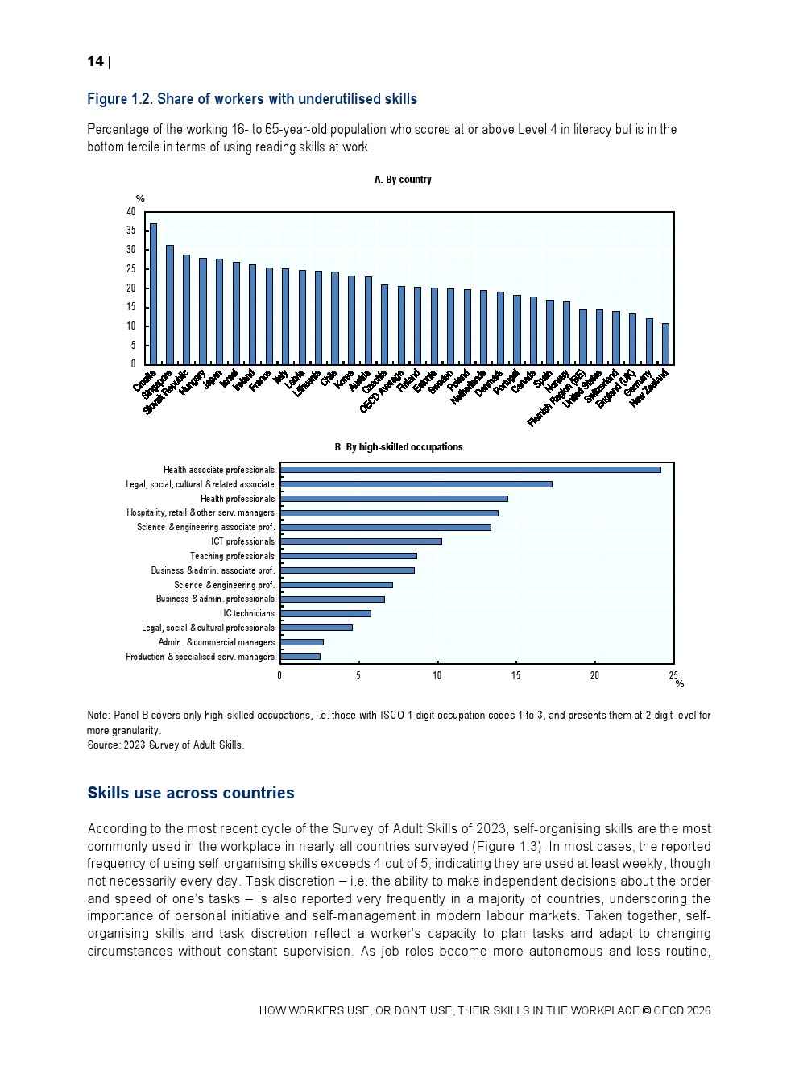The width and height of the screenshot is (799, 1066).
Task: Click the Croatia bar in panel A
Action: coord(153,294)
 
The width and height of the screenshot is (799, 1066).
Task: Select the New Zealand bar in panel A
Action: coord(665,344)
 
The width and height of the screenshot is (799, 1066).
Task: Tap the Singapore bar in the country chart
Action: coord(170,305)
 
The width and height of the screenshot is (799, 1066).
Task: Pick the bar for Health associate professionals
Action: coord(470,470)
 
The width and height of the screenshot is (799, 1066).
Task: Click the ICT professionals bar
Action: coord(361,541)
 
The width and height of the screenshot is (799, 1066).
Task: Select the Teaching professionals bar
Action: coord(349,556)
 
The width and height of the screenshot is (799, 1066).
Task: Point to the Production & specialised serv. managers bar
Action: coord(300,657)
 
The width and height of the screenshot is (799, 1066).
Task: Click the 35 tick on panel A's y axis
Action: coord(131,230)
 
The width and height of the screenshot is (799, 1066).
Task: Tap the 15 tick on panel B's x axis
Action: coord(516,676)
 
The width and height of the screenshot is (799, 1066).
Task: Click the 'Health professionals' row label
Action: coord(237,499)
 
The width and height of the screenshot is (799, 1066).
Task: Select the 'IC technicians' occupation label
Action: coord(249,613)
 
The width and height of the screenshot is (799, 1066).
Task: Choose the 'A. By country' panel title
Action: coord(403,180)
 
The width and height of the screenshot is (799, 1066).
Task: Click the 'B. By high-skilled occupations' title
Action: coord(399,447)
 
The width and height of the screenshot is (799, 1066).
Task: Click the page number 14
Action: coord(95,62)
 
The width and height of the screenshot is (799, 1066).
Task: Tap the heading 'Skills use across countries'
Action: coord(191,793)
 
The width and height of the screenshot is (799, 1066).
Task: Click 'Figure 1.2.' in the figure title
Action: coord(119,99)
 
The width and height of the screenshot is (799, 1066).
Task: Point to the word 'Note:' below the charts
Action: coord(98,716)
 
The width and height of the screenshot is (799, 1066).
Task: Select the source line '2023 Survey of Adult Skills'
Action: coord(183,745)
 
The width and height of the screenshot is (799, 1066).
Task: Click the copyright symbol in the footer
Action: coord(646,1011)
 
